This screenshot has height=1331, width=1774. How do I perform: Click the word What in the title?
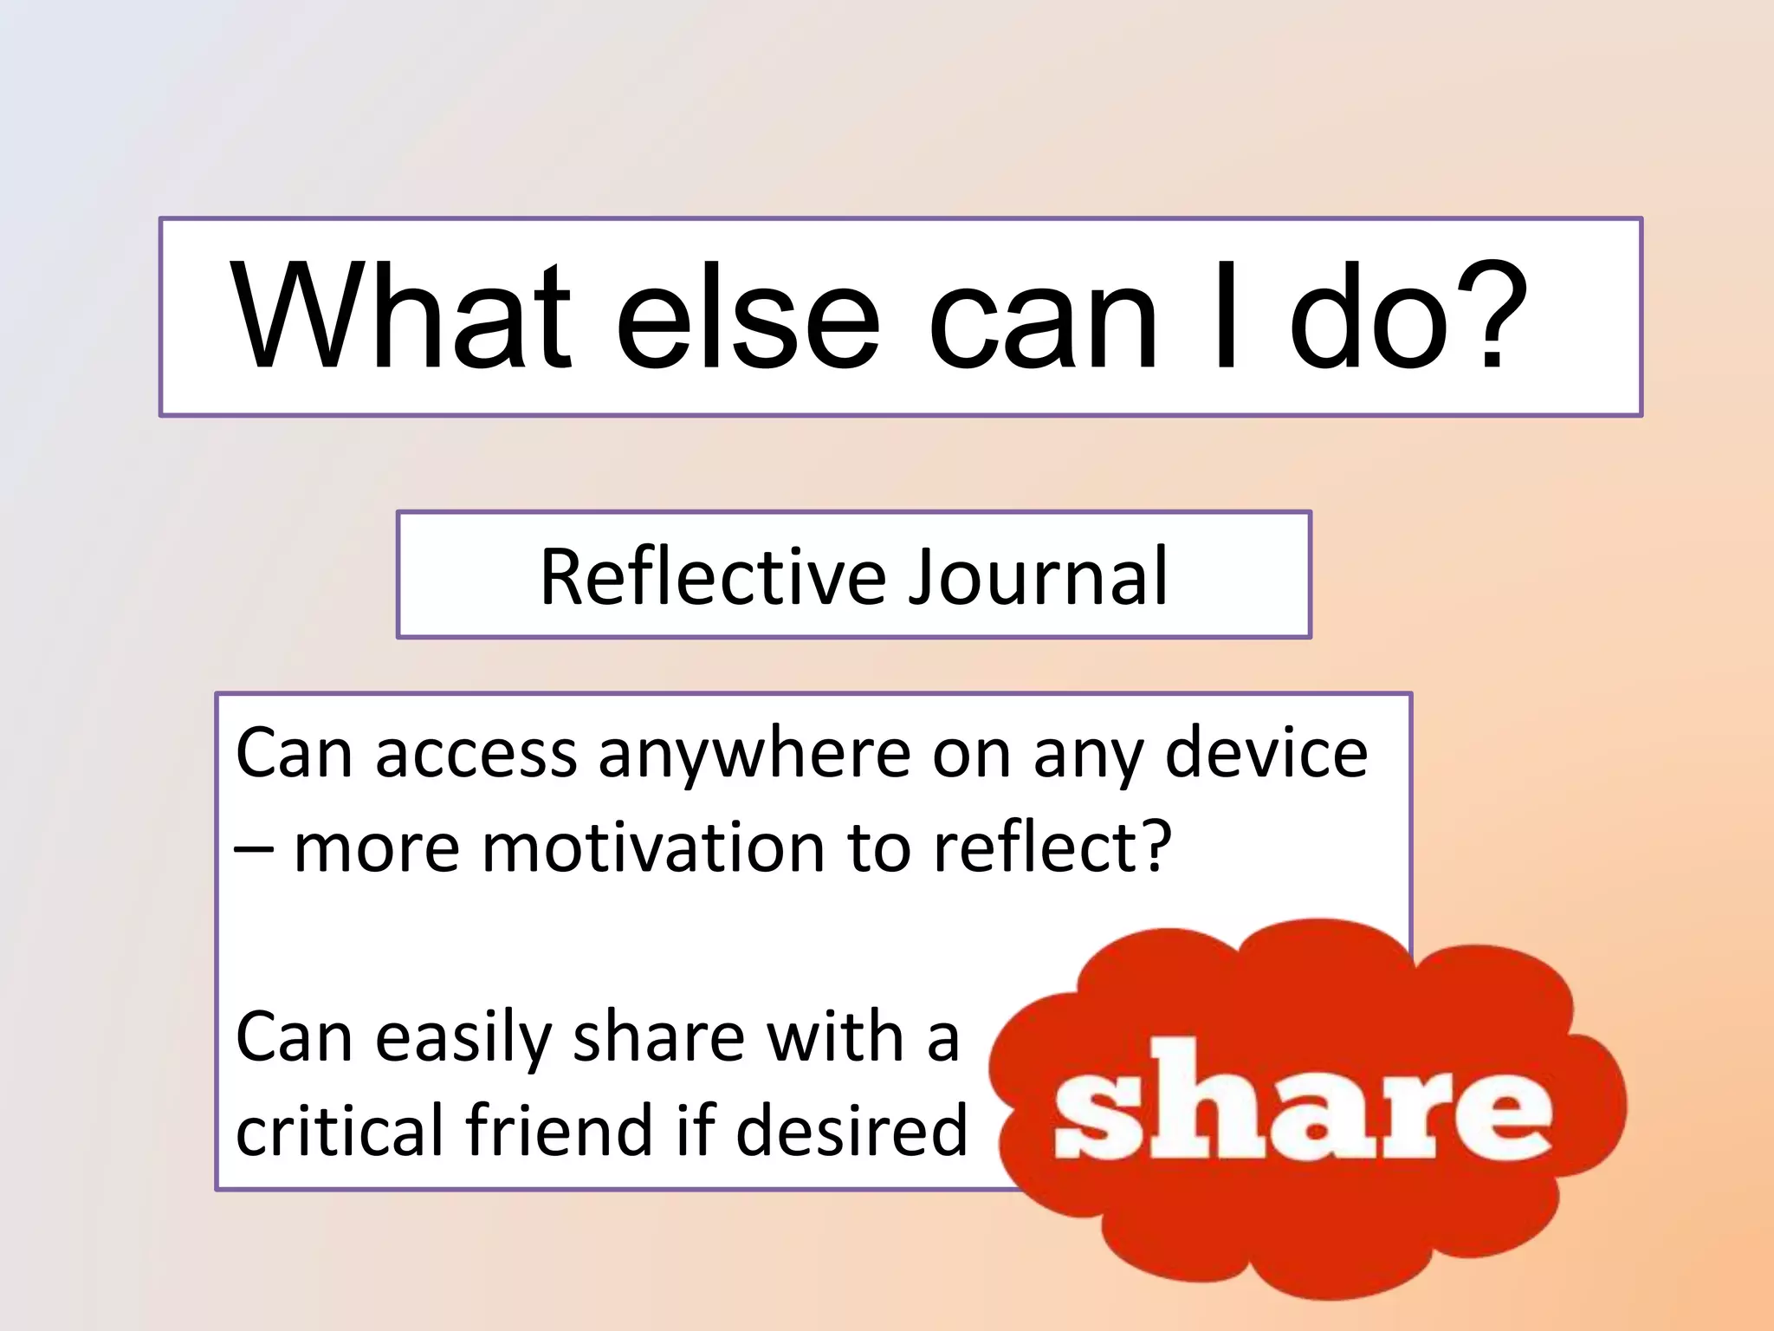(402, 317)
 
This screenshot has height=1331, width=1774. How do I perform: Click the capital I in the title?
(1226, 317)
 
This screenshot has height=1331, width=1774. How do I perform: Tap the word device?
(1266, 752)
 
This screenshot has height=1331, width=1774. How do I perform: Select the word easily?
(463, 1038)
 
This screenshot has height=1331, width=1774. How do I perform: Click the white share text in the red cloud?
(1303, 1103)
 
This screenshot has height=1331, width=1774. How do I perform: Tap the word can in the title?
(1043, 317)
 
